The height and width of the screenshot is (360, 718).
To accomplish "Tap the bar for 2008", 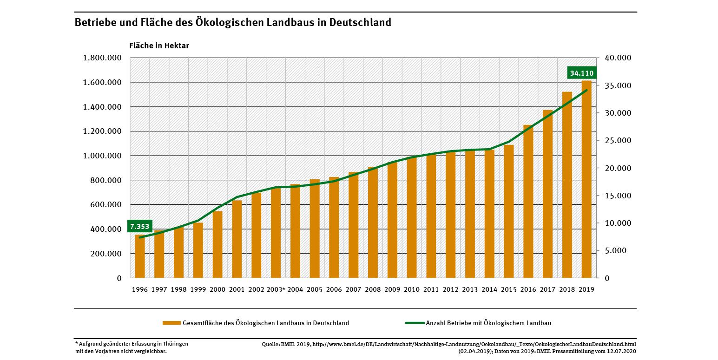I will tap(373, 223).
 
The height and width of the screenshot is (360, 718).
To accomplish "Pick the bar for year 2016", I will tap(528, 202).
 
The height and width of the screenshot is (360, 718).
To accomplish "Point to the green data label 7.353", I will tap(140, 227).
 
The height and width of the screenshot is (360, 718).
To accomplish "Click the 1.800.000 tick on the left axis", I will tap(102, 58).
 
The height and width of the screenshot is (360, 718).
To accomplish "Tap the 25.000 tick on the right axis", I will tap(618, 141).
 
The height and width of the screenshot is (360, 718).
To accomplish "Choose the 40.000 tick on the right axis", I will tap(618, 58).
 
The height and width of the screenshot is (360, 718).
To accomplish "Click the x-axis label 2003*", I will tap(276, 289).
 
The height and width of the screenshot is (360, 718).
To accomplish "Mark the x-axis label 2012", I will tap(450, 289).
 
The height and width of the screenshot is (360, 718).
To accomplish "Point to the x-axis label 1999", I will tap(198, 289).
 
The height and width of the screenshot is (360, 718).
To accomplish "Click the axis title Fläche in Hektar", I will tap(159, 46).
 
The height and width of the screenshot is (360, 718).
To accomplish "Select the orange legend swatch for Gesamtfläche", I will tap(171, 323).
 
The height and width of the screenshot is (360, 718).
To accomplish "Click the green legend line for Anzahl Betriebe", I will tap(415, 323).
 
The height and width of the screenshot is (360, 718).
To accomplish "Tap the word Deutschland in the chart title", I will tap(360, 22).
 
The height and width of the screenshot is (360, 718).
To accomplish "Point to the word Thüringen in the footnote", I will tap(175, 344).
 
